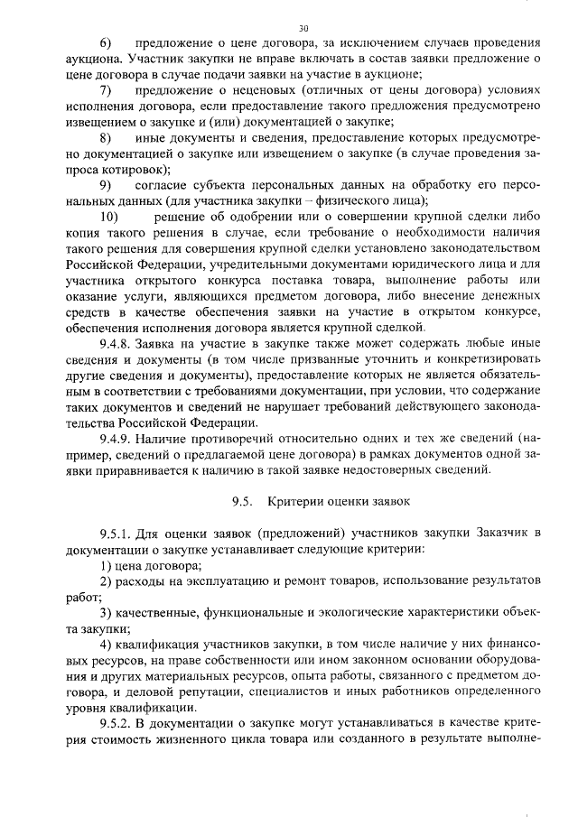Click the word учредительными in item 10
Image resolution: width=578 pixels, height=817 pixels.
(262, 264)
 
